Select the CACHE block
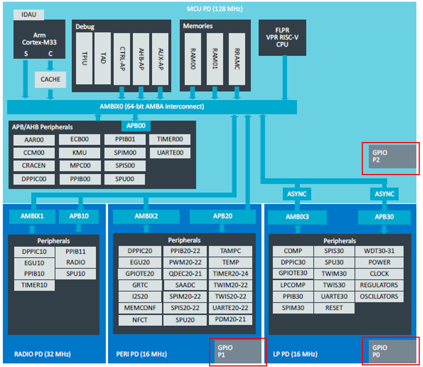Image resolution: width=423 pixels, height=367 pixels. pos(50,80)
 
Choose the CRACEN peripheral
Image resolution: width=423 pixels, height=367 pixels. pos(34,165)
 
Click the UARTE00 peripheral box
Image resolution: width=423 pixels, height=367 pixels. pos(170,153)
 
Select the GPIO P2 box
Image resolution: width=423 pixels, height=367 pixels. pos(390,157)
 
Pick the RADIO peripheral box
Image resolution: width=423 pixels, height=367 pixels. pos(76,262)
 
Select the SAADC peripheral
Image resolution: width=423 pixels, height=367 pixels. pos(185,285)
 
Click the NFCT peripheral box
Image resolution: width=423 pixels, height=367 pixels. pos(140,320)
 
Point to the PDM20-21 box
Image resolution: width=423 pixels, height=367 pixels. pos(230,319)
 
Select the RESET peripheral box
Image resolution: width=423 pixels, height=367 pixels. pos(334,308)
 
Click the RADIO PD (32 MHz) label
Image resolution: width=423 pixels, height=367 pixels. pos(42,355)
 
